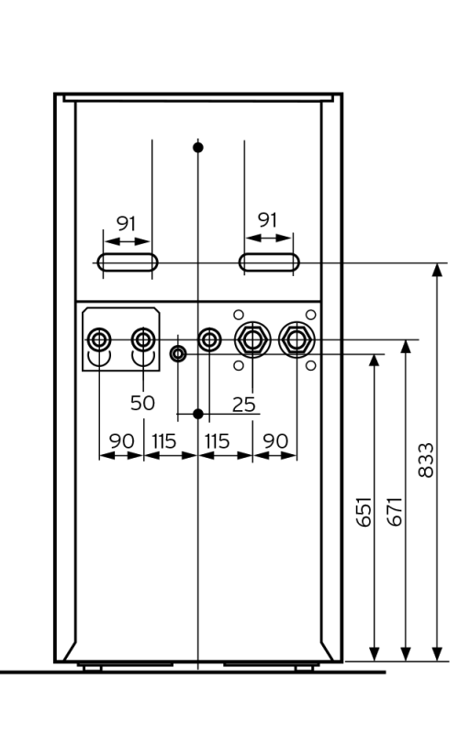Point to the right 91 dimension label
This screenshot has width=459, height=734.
point(267,220)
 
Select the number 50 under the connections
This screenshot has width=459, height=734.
point(142,402)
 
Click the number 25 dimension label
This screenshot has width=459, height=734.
point(244,402)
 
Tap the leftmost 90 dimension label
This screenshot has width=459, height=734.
point(121,440)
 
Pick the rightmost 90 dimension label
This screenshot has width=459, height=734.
point(274,440)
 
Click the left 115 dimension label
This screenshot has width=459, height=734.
point(163,440)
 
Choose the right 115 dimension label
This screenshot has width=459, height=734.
point(217,440)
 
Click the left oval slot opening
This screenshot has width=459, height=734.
point(128,262)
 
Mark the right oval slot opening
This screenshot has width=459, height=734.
point(267,262)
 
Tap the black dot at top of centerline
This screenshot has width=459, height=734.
point(198,147)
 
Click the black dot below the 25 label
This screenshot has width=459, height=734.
point(198,414)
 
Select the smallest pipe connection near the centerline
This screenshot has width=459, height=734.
point(178,354)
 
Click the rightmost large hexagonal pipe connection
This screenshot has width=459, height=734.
point(295,339)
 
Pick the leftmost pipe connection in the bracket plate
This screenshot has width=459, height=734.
point(98,340)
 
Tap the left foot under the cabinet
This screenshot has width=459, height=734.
point(92,667)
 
